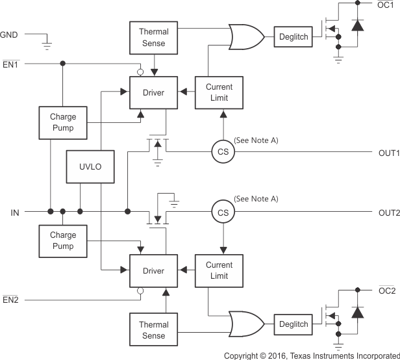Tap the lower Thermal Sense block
click(153, 329)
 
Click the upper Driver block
click(153, 93)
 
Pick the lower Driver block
click(153, 271)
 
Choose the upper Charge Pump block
click(63, 122)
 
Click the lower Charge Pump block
click(63, 240)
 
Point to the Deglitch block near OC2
click(294, 324)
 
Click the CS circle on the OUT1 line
click(223, 153)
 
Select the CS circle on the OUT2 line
click(223, 212)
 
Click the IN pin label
click(14, 212)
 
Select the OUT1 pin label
click(388, 153)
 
